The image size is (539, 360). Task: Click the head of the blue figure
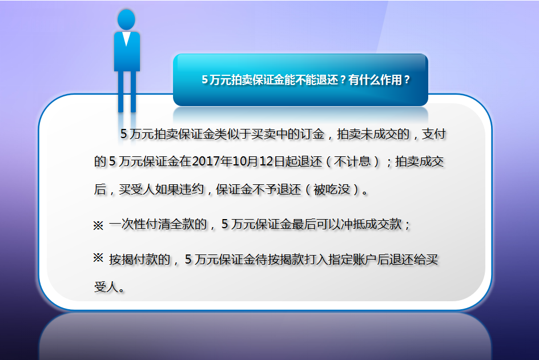pyautogui.click(x=126, y=19)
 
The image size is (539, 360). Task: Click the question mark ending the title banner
pyautogui.click(x=407, y=80)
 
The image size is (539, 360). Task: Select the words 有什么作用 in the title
pyautogui.click(x=375, y=80)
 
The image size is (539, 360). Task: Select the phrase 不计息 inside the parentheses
pyautogui.click(x=352, y=161)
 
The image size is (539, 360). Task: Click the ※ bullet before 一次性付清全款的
pyautogui.click(x=98, y=225)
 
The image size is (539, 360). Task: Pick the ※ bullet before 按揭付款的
pyautogui.click(x=98, y=258)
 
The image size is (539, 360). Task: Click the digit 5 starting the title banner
pyautogui.click(x=204, y=80)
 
